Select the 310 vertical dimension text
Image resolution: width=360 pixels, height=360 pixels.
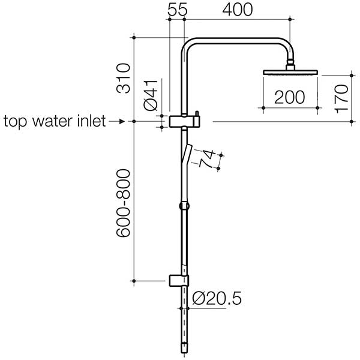click(x=123, y=77)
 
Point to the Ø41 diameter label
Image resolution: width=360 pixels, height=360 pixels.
click(x=151, y=94)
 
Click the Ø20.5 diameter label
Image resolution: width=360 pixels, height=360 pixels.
click(x=217, y=297)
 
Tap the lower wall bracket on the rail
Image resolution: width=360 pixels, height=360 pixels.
click(x=179, y=280)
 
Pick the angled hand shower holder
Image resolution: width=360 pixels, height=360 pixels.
click(x=187, y=155)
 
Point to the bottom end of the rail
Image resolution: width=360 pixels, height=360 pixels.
click(x=184, y=347)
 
